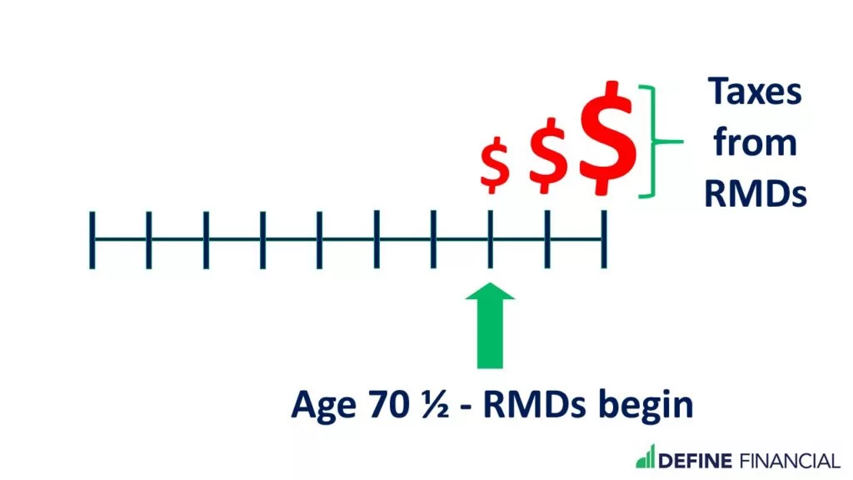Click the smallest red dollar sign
pos(494,165)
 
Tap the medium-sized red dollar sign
pos(548,155)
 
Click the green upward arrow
pos(490,326)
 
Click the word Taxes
pos(755,92)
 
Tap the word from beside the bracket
pos(755,142)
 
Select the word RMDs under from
pos(755,193)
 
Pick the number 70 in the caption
pos(388,404)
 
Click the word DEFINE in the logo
pos(696,461)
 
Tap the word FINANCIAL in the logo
pos(790,461)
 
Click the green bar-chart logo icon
pos(646,457)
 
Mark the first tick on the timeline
pos(92,240)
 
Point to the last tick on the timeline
pos(604,240)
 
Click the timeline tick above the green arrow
pos(490,240)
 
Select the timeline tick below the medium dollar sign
pos(547,240)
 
